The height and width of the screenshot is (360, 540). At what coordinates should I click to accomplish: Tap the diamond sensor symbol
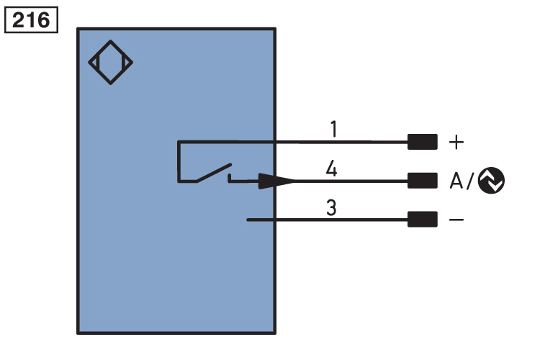point(111,63)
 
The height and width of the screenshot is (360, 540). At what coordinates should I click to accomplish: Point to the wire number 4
point(331,169)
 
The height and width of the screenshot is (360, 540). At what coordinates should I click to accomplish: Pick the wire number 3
point(331,209)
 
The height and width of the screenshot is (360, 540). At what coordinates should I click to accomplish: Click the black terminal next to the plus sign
point(422,142)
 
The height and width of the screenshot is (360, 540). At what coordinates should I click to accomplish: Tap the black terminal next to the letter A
point(422,180)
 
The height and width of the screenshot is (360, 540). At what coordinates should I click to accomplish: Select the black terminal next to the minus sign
point(422,220)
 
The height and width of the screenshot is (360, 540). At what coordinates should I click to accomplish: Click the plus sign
point(456,142)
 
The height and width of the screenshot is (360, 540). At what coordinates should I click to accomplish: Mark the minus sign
point(456,220)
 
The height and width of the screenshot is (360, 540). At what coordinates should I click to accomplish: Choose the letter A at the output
point(457,181)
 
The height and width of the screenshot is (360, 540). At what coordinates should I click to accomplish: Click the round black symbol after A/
point(491,180)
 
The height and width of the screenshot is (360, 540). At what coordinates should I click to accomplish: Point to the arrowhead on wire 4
point(276,181)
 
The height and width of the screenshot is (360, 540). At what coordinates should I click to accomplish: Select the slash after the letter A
point(472,181)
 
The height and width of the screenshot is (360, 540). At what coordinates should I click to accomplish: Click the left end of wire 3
point(249,220)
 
